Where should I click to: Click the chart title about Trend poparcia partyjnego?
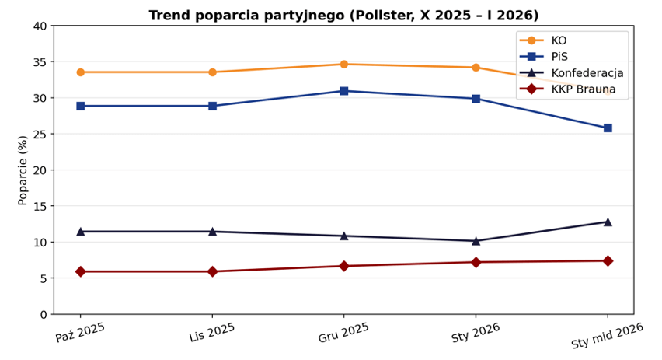pyautogui.click(x=343, y=16)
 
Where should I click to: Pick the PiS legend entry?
pyautogui.click(x=559, y=57)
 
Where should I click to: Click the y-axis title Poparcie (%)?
pyautogui.click(x=23, y=170)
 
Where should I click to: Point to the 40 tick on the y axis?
pyautogui.click(x=40, y=26)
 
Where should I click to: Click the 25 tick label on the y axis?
pyautogui.click(x=40, y=135)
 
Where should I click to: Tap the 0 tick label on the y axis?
pyautogui.click(x=43, y=315)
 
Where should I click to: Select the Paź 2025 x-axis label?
pyautogui.click(x=80, y=332)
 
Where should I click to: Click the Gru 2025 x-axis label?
pyautogui.click(x=343, y=332)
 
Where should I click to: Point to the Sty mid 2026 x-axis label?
pyautogui.click(x=607, y=337)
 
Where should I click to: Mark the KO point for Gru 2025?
pyautogui.click(x=343, y=64)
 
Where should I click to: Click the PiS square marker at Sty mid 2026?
pyautogui.click(x=608, y=128)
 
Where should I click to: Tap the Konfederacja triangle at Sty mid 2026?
pyautogui.click(x=608, y=222)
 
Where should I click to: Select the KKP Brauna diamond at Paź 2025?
pyautogui.click(x=80, y=271)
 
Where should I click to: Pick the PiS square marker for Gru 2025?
pyautogui.click(x=343, y=91)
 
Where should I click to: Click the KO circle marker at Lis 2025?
pyautogui.click(x=212, y=72)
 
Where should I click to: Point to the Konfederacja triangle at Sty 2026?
pyautogui.click(x=476, y=241)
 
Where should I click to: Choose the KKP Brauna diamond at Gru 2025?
pyautogui.click(x=343, y=266)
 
